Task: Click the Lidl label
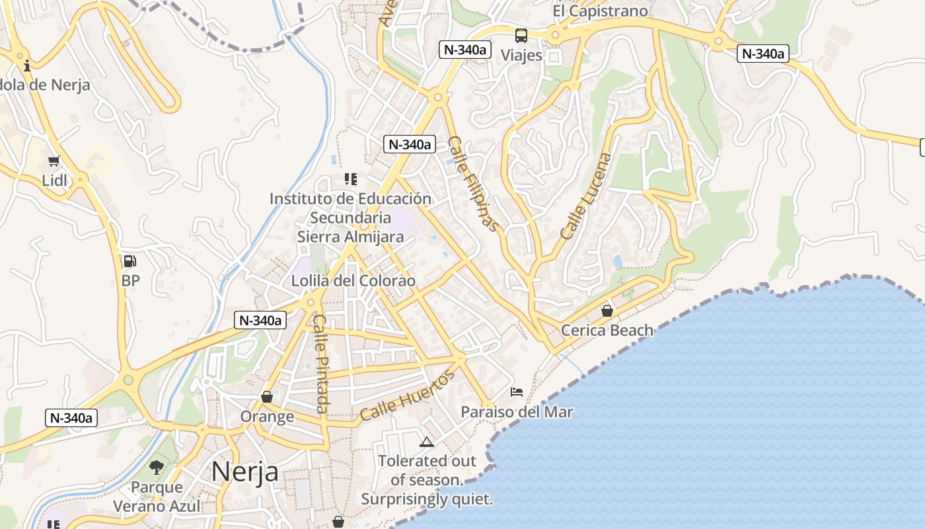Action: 55,181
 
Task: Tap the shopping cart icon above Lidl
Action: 54,161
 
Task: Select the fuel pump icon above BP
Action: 130,261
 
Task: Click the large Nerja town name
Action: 244,471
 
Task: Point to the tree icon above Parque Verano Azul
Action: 157,468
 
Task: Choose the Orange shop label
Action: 267,417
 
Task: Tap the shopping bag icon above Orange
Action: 267,397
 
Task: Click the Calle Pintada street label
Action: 321,364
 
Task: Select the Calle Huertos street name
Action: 408,395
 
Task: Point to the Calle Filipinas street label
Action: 473,184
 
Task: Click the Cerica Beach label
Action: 607,330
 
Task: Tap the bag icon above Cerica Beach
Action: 607,310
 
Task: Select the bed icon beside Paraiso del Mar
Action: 517,392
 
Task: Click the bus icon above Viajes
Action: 521,36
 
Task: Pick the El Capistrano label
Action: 601,11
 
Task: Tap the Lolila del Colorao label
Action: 353,281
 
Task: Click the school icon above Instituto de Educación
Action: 351,179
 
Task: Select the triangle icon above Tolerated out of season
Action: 427,442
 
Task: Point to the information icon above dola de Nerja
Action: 27,65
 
